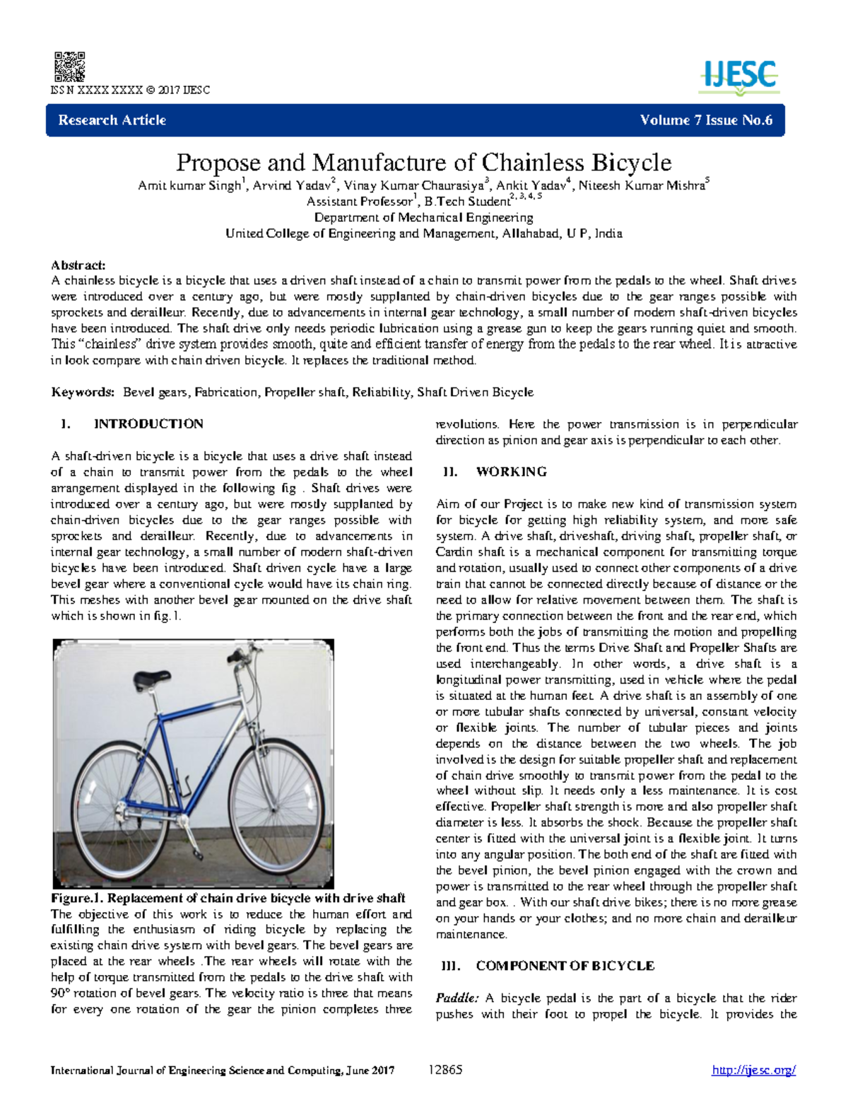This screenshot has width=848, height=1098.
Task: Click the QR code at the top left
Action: tap(69, 66)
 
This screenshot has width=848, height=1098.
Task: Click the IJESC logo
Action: tap(739, 76)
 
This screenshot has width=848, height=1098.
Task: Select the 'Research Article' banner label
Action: tap(112, 120)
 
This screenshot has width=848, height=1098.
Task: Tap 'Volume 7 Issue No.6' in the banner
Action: tap(706, 120)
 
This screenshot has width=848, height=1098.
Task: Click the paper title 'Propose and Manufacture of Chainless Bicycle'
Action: tap(423, 163)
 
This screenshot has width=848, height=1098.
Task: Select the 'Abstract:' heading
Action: tap(78, 265)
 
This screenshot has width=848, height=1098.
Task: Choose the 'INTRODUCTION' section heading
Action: tap(148, 424)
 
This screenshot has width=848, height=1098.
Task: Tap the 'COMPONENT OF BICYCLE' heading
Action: tap(565, 966)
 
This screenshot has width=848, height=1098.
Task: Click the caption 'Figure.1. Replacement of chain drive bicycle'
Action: tap(228, 898)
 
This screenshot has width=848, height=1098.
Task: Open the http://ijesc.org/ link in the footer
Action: tap(754, 1070)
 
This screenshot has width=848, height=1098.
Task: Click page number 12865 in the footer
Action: tap(445, 1070)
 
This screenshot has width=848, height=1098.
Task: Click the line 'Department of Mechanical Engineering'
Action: tap(423, 218)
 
